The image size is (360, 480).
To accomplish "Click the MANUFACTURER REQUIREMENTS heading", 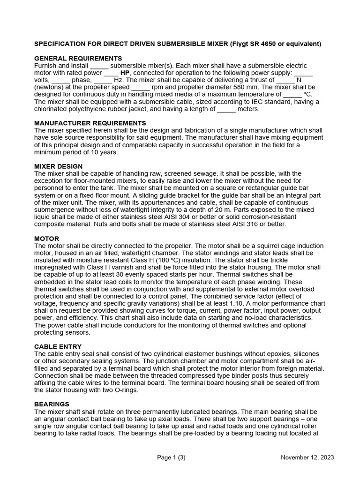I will [x=90, y=123].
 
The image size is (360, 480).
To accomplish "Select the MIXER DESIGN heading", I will [x=59, y=166].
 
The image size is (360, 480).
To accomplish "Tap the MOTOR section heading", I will [x=46, y=239].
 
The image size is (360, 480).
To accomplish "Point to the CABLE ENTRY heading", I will [x=58, y=346].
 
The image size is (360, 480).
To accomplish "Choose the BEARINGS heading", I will [x=52, y=404].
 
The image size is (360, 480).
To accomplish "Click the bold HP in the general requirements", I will [x=125, y=73].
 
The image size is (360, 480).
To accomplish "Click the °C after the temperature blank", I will [x=307, y=95].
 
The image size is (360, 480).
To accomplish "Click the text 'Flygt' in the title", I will [x=240, y=44].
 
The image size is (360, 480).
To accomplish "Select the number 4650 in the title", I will [x=270, y=44].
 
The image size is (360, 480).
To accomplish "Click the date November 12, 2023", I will [x=307, y=458].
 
